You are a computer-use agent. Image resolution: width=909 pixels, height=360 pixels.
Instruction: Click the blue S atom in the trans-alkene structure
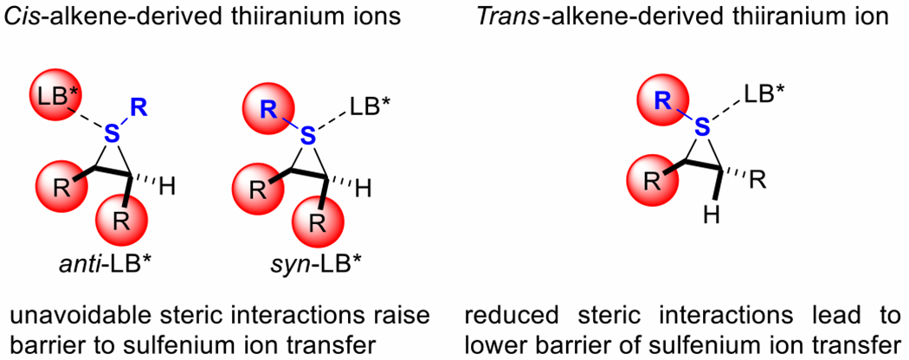tap(702, 128)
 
